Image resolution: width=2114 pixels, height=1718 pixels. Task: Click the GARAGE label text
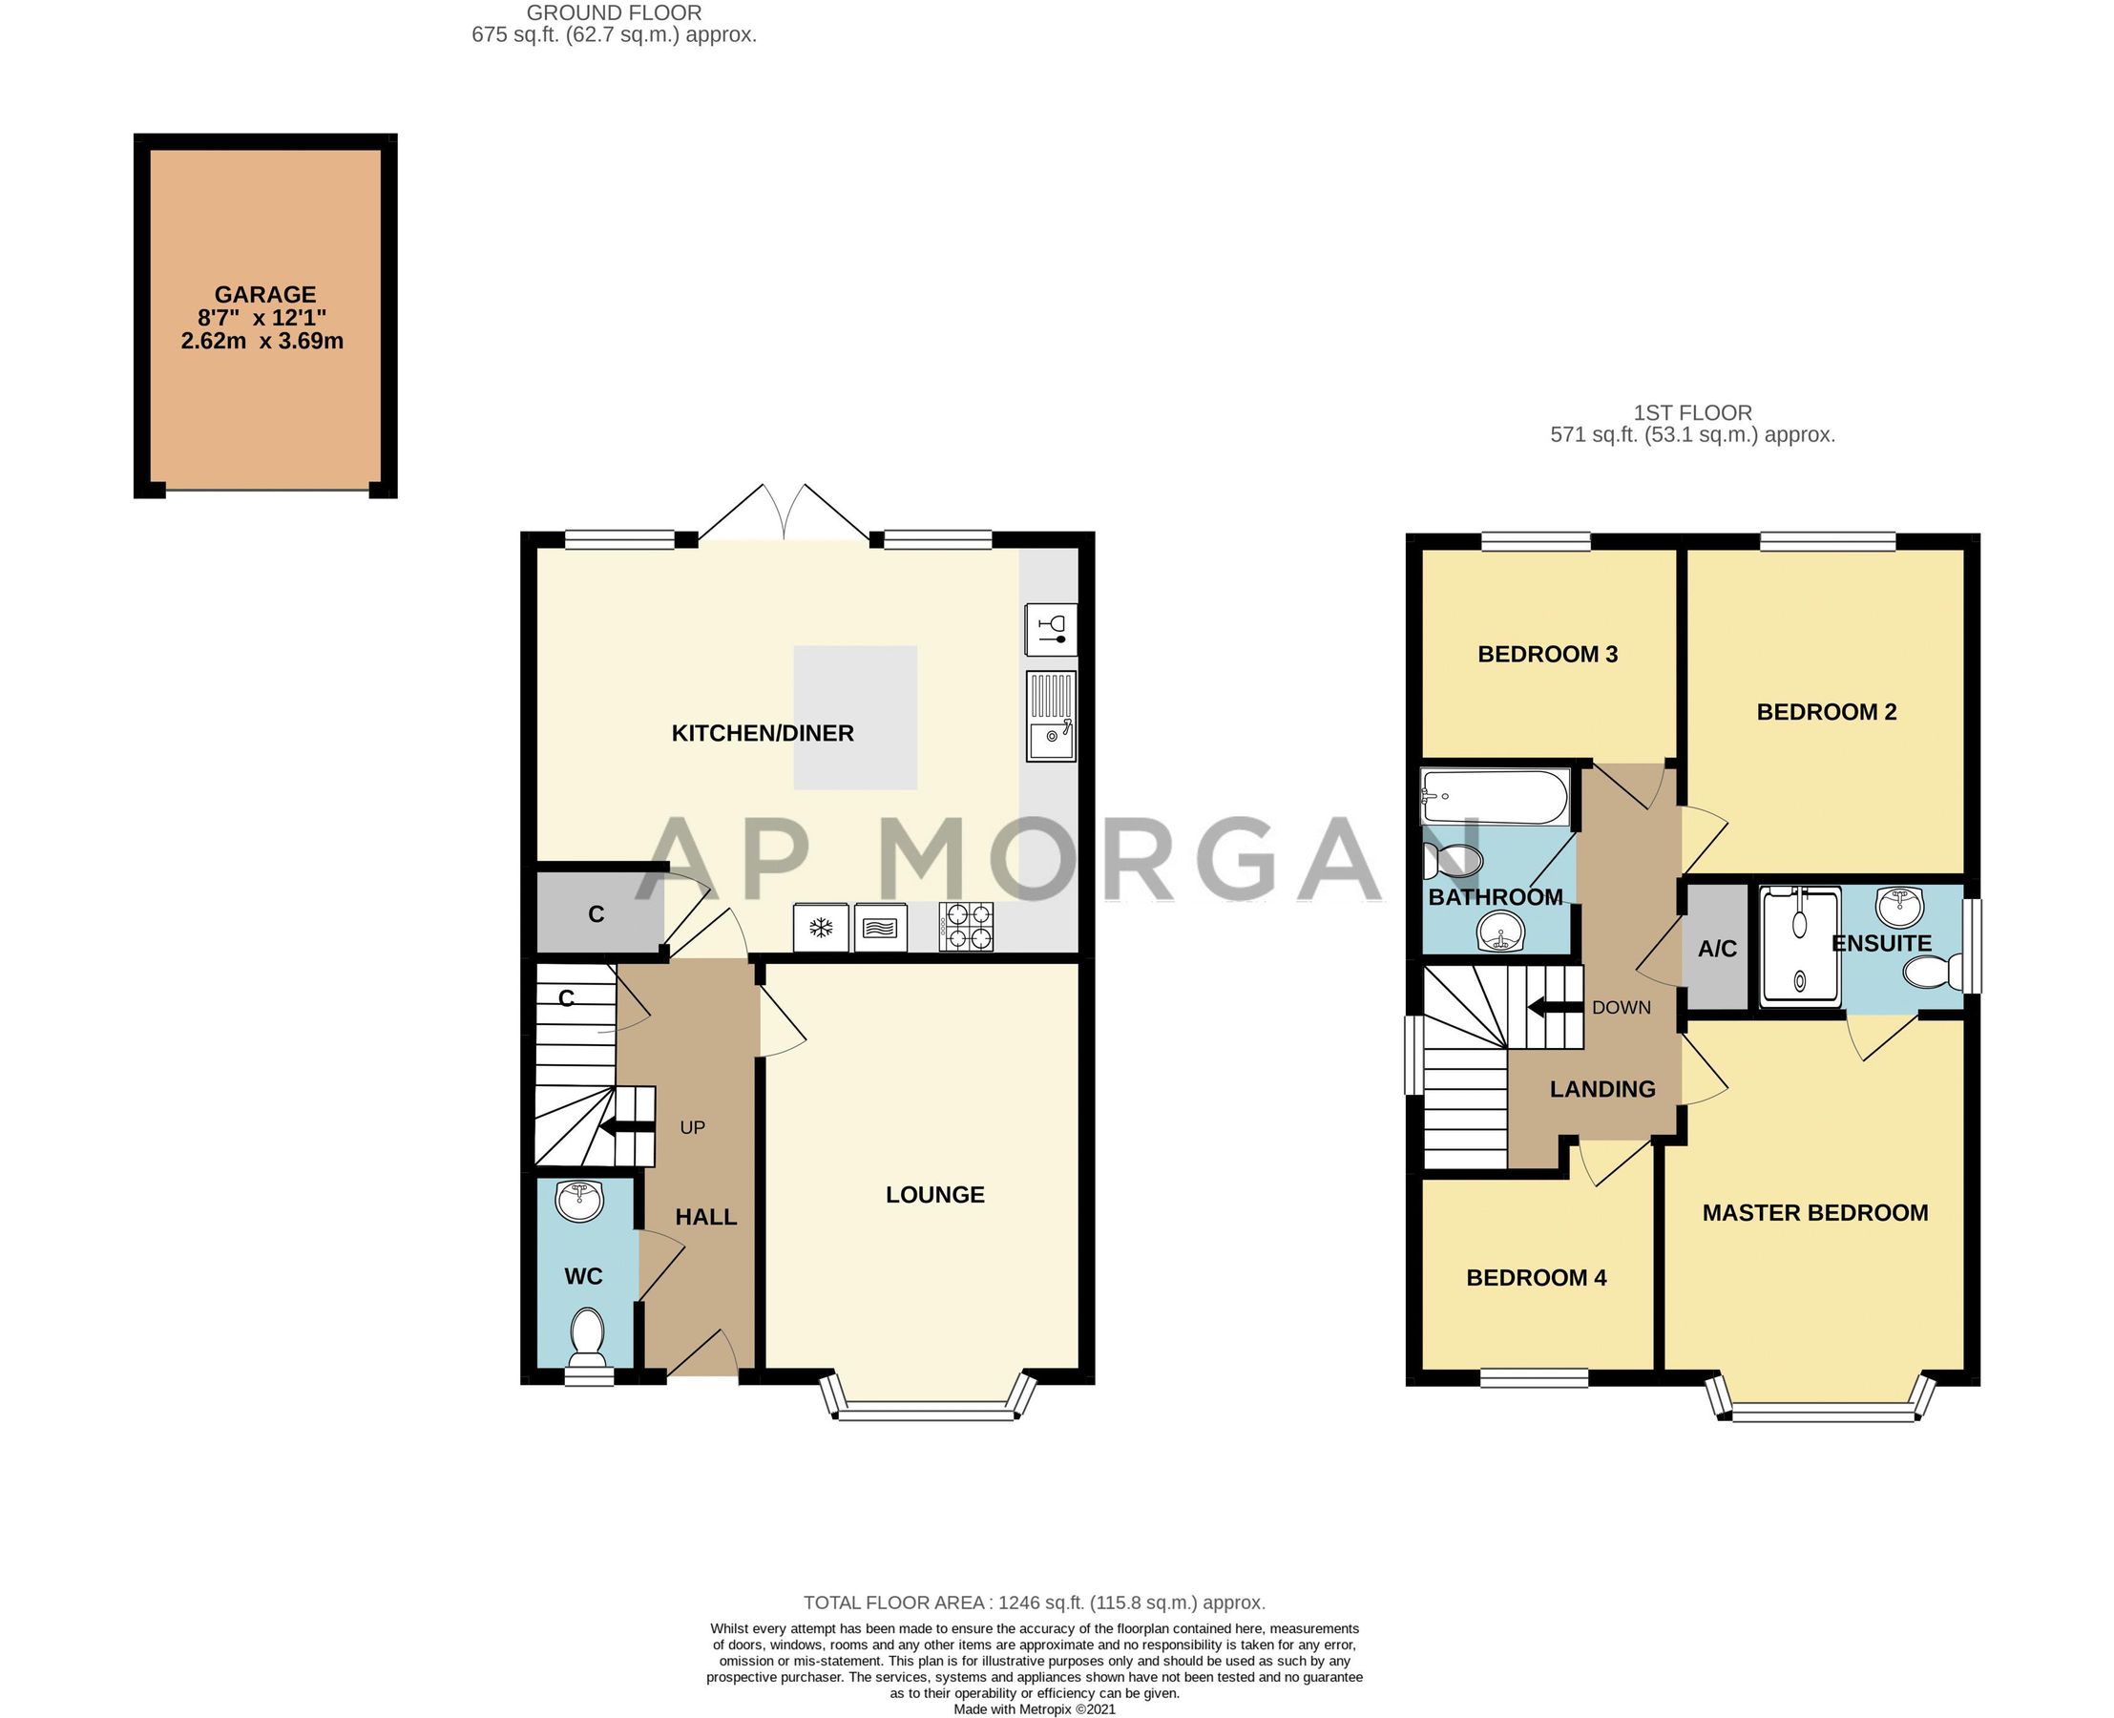point(265,294)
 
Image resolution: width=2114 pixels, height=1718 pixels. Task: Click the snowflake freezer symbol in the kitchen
point(821,928)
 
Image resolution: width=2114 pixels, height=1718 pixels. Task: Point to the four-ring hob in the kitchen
point(967,928)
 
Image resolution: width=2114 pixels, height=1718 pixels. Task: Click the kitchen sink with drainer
point(1051,717)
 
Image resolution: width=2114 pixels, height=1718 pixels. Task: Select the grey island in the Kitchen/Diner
point(855,718)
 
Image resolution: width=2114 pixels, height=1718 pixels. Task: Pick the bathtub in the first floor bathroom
point(1494,797)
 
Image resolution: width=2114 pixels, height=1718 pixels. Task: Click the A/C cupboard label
point(1717,949)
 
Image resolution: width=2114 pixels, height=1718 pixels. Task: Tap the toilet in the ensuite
point(1933,971)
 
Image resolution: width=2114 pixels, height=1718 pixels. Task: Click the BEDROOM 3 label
point(1547,654)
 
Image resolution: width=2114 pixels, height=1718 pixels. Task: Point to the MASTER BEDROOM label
point(1814,1213)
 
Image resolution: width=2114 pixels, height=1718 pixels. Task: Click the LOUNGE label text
point(934,1194)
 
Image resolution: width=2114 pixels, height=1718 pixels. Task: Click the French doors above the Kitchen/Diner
point(784,514)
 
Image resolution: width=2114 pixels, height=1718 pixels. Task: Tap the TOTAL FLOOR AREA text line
point(1035,1603)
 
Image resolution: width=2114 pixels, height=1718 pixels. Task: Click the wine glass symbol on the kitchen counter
point(1051,629)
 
